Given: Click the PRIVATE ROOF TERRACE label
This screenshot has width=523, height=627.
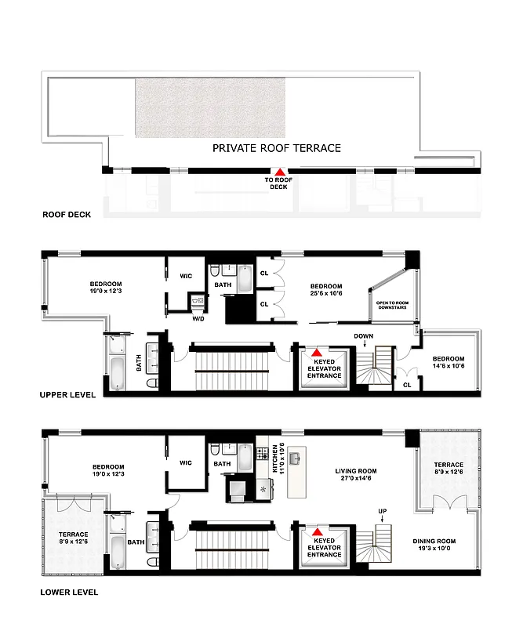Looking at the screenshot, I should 277,147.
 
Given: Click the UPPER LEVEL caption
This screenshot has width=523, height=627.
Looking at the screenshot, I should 68,395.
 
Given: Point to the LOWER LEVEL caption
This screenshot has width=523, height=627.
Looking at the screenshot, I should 69,593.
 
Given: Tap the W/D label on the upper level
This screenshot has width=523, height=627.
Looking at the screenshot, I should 198,318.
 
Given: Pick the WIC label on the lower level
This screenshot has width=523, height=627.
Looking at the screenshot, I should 186,462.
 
